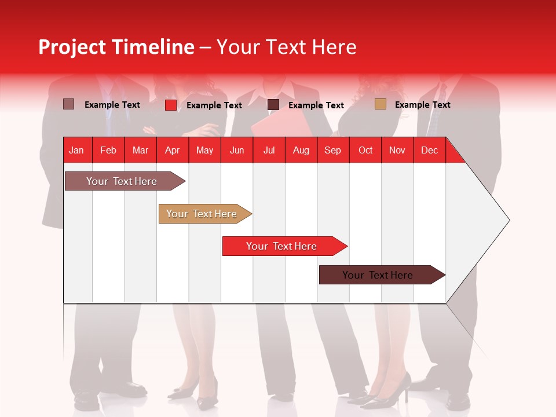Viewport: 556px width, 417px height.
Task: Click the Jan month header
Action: click(x=76, y=150)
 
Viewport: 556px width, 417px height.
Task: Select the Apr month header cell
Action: click(x=173, y=150)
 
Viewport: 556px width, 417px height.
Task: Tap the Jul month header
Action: click(x=269, y=150)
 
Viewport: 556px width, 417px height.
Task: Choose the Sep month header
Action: click(x=333, y=150)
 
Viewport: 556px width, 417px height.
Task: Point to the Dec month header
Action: click(x=429, y=150)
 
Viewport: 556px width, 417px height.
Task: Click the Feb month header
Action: click(x=108, y=150)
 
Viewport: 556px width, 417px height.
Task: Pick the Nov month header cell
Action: click(x=397, y=150)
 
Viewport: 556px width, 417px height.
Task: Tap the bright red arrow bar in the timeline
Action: click(x=282, y=246)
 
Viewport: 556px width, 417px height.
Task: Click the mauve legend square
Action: click(x=68, y=104)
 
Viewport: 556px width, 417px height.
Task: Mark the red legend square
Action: click(x=170, y=105)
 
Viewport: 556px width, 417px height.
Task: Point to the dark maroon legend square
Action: click(x=273, y=105)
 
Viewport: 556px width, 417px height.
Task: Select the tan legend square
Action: click(x=380, y=104)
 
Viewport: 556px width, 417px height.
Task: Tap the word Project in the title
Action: click(x=72, y=47)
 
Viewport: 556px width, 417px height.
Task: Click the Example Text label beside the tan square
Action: click(x=422, y=104)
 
